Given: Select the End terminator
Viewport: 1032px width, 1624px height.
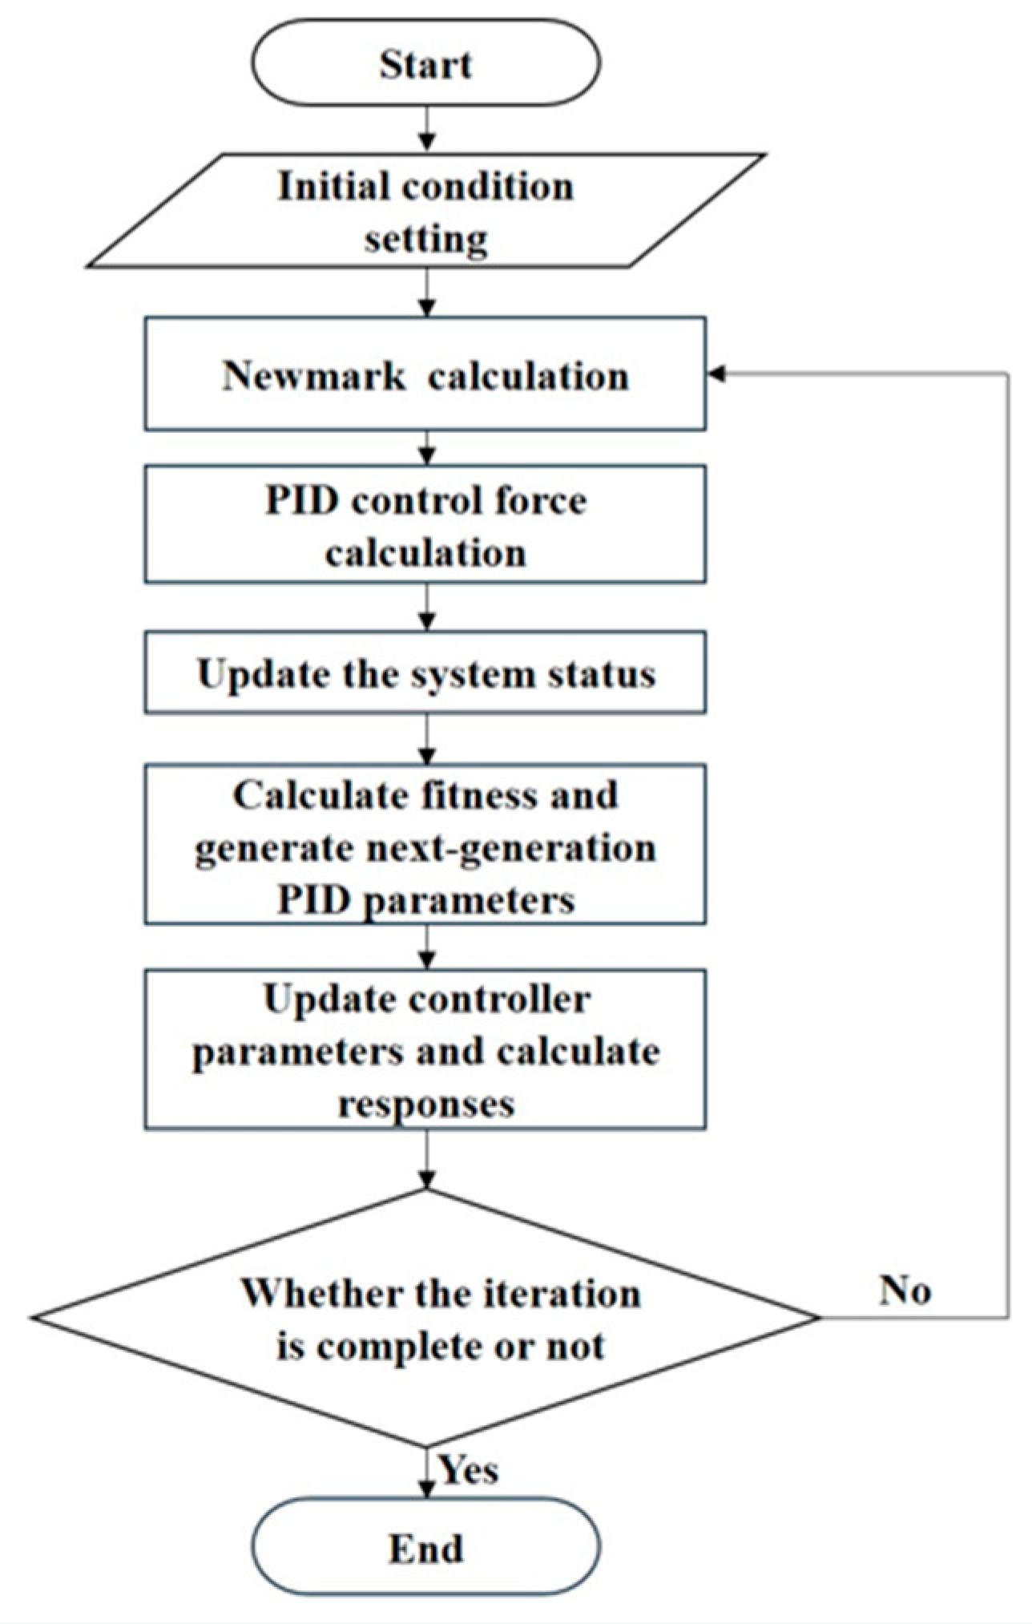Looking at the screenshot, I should (x=425, y=1549).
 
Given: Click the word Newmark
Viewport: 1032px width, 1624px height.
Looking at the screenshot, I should (x=313, y=376).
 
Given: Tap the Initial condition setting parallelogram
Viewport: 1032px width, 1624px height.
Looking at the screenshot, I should (x=425, y=212).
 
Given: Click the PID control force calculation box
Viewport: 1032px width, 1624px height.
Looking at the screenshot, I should (x=425, y=525).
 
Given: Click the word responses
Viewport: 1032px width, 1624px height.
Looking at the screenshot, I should (x=425, y=1104).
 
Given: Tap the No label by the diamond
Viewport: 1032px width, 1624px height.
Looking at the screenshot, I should (x=905, y=1291).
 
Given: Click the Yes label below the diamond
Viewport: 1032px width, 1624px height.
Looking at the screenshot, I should (x=469, y=1471).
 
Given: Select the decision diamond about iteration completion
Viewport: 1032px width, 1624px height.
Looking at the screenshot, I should (x=425, y=1319).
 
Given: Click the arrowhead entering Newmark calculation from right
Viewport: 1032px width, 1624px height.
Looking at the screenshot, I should (x=716, y=374).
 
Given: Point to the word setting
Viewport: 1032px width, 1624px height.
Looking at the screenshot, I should (x=425, y=239).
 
